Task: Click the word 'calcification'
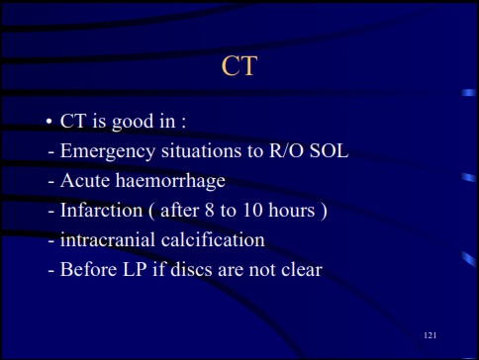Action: coord(216,238)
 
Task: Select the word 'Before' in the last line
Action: coord(89,267)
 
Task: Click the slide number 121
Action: coord(430,337)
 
